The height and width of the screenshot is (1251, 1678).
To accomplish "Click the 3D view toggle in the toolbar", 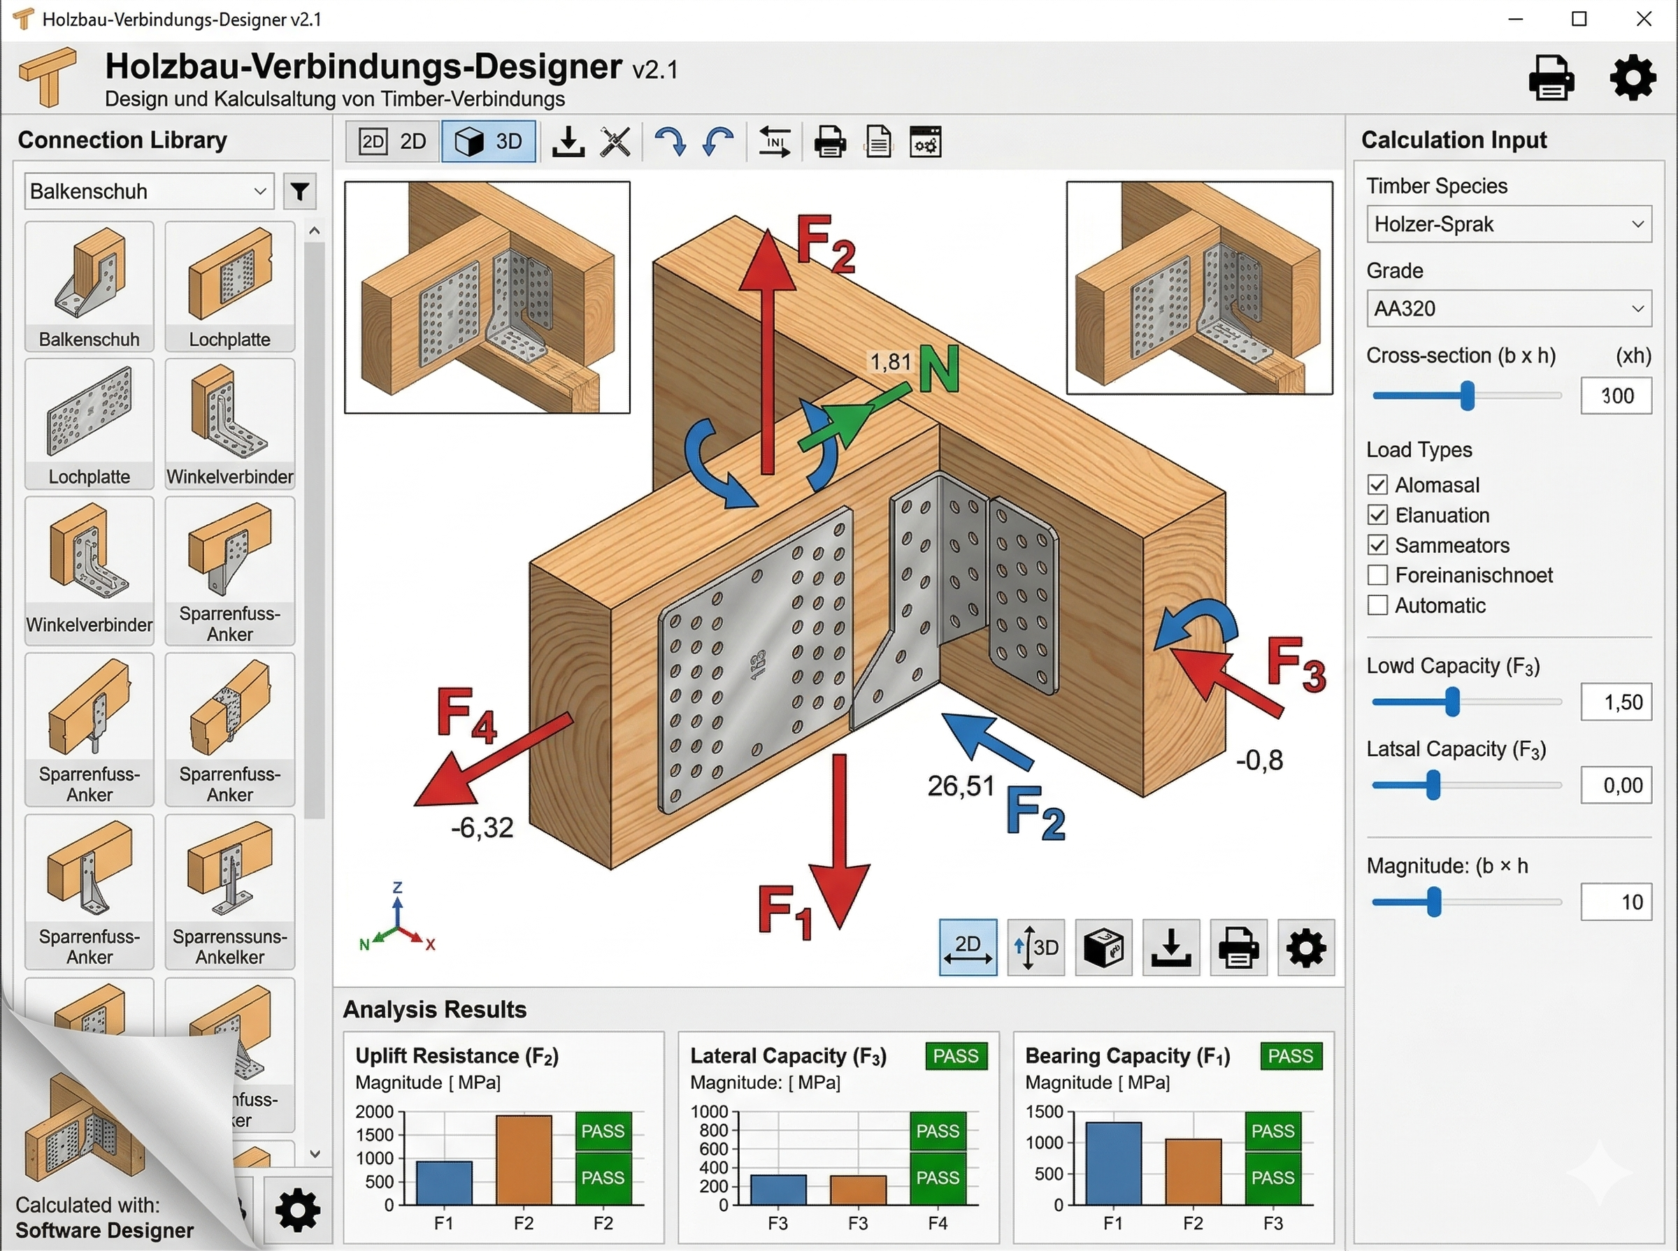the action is point(489,142).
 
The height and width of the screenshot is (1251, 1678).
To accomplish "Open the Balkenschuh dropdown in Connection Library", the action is point(149,191).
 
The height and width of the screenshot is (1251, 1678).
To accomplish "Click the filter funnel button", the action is point(300,191).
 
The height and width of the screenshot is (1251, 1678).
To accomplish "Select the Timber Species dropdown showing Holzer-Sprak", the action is point(1509,224).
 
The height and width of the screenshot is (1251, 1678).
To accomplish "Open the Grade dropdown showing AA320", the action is point(1509,308).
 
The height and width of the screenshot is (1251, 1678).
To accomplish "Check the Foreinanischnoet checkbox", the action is point(1378,575).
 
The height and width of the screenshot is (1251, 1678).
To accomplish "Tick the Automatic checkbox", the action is point(1378,606).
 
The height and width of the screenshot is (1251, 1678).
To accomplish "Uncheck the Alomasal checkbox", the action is point(1378,484).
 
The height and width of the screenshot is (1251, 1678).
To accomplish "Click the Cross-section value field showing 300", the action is point(1616,396).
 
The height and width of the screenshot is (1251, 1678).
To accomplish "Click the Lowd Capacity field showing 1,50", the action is point(1616,702).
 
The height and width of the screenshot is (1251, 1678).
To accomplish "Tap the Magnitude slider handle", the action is point(1434,902).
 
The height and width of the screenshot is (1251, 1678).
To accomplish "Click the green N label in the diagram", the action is point(940,370).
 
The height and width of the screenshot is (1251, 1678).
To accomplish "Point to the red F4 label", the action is point(466,716).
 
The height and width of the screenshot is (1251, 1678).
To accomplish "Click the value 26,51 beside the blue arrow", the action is point(961,786).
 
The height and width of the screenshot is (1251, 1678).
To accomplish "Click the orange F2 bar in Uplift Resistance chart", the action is point(524,1160).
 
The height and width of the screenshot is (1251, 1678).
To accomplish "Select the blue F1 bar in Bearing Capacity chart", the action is point(1114,1164).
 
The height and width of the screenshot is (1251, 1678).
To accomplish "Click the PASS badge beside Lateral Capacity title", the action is point(956,1055).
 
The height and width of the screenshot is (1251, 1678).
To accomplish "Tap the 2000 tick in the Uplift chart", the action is point(374,1112).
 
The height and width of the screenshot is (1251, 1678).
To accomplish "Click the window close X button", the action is point(1643,19).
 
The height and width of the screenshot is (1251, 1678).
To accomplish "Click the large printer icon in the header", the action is point(1551,78).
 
